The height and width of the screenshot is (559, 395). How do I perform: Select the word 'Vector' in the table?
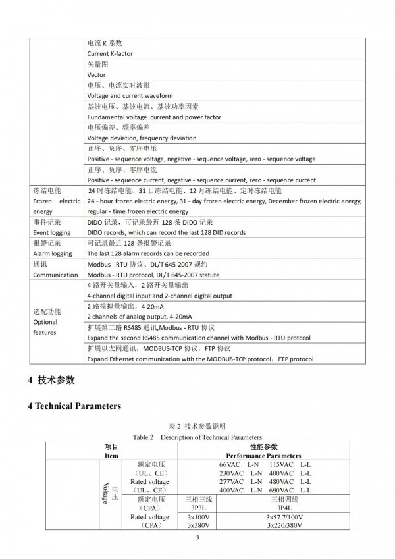coord(97,74)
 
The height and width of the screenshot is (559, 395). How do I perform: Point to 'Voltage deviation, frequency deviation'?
coord(142,138)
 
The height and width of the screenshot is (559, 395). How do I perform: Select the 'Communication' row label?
coord(55,275)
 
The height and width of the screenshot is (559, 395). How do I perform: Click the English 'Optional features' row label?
coord(45,327)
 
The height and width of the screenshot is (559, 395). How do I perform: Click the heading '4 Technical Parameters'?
coord(74,406)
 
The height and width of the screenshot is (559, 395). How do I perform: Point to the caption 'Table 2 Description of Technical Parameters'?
coord(197,437)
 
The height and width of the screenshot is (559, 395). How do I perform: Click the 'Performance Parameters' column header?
coord(263,455)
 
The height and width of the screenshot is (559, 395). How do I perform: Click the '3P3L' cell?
coord(197,508)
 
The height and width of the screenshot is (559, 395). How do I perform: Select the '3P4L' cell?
coord(284,508)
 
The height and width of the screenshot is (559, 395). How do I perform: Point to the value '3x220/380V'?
coord(284,525)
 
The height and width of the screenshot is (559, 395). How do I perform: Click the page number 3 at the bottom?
coord(197,539)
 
